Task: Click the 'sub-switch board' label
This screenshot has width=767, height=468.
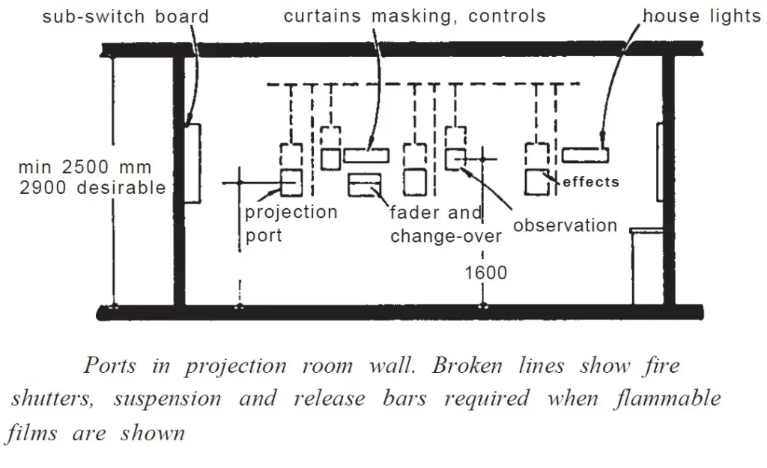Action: tap(126, 16)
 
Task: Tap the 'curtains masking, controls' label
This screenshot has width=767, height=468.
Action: tap(415, 16)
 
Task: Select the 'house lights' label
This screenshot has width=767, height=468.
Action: tap(702, 16)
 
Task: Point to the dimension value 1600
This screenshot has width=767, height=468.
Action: tap(485, 273)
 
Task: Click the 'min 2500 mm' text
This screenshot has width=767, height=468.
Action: tap(85, 167)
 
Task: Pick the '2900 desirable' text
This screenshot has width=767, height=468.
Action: tap(92, 188)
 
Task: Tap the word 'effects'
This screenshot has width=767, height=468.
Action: tap(591, 182)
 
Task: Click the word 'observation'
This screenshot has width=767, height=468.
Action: tap(565, 225)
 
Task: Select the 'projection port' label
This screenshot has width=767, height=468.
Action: tap(291, 223)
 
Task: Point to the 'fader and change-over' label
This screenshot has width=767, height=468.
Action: tap(446, 225)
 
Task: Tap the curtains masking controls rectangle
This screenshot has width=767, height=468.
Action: tap(366, 156)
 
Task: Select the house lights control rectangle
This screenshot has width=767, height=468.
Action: tap(585, 155)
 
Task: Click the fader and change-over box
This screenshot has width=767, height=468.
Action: tap(365, 185)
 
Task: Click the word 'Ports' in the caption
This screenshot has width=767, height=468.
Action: tap(109, 365)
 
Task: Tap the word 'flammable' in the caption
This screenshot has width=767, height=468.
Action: tap(667, 398)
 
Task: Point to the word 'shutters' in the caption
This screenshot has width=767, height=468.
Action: tap(52, 398)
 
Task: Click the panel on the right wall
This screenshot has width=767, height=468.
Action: tap(660, 162)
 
